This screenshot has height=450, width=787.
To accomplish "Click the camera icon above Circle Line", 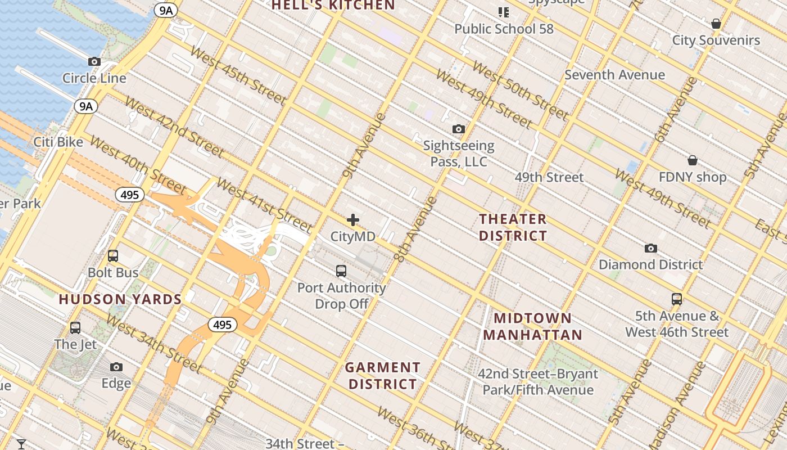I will pos(94,62).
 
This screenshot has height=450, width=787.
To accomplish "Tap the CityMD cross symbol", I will pos(353,220).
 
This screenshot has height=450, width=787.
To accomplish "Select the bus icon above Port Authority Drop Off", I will pos(341,271).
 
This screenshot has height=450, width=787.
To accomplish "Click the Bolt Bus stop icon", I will pos(113,256).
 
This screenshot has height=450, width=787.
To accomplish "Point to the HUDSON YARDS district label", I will pos(120,299).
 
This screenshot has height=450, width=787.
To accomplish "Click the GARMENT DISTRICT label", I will pos(383,376).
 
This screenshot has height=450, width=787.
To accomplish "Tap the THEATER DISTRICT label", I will pos(513,227).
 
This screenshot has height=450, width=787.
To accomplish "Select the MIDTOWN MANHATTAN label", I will pos(532,327).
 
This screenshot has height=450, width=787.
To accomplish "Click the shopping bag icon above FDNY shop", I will pos(693,161).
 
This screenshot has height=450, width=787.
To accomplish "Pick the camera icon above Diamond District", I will pos(650,248).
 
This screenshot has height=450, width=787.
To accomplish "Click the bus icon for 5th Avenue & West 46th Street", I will pos(677,299).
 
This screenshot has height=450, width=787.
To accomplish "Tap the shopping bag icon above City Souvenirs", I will pos(716,24).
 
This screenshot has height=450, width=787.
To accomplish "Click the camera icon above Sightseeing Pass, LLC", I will pos(459,129).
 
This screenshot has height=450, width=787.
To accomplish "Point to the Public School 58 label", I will pos(504,29).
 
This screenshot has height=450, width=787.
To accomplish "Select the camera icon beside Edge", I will pos(116,367).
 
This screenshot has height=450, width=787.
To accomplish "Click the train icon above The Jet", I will pos(75,327).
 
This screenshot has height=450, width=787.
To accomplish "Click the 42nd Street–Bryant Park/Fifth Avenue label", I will pos(538,382).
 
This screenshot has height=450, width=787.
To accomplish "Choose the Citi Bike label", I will pos(58,142).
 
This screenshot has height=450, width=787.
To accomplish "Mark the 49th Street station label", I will pos(549,177).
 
